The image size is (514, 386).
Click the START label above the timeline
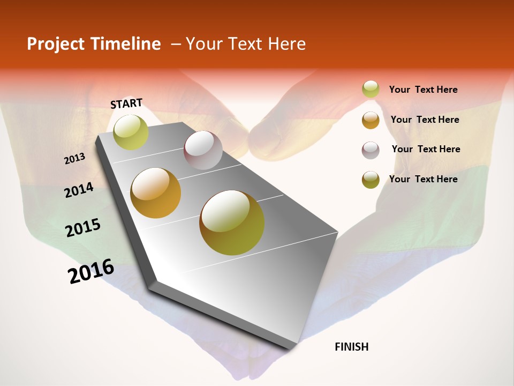126,103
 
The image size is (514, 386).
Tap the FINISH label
352,347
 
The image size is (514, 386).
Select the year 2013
74,158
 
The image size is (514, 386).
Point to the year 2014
79,190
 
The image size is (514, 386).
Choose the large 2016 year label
91,271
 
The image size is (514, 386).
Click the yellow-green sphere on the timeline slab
131,132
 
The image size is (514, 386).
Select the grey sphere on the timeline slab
203,150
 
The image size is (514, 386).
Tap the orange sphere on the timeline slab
156,193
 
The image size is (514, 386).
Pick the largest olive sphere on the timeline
232,222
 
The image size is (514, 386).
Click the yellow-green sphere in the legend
371,90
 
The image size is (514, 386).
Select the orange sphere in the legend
371,120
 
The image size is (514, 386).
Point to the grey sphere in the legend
371,150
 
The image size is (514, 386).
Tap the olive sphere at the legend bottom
371,180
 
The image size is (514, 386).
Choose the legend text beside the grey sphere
426,149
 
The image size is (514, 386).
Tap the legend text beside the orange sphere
425,120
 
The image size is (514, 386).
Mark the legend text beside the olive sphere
423,179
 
